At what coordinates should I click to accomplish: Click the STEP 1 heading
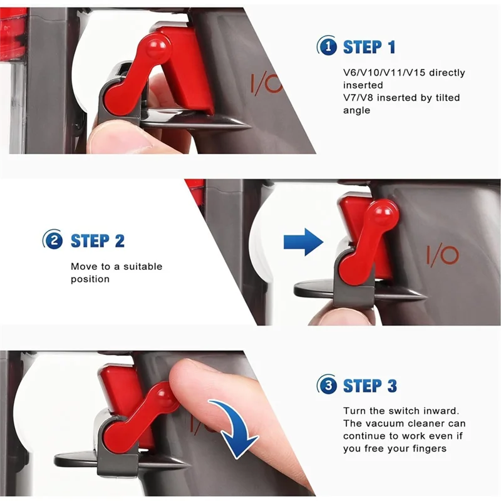point(369,46)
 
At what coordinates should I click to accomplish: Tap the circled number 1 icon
point(327,46)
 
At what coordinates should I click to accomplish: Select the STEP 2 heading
point(97,240)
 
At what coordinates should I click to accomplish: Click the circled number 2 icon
point(53,240)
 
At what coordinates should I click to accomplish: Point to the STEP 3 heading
point(369,385)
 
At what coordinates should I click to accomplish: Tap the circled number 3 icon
point(328,385)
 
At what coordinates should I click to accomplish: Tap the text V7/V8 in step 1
point(358,98)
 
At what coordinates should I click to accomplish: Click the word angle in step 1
point(356,110)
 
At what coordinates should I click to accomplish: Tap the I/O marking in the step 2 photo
point(442,255)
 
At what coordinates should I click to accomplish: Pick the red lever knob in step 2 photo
point(386,215)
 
